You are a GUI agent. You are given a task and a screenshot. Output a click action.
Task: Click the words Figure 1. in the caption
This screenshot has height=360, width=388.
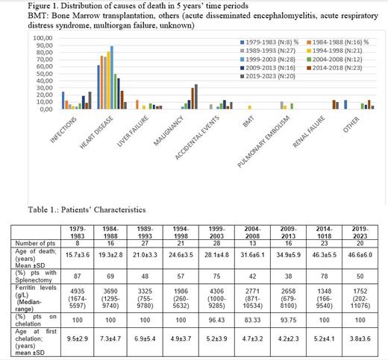click(19, 6)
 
